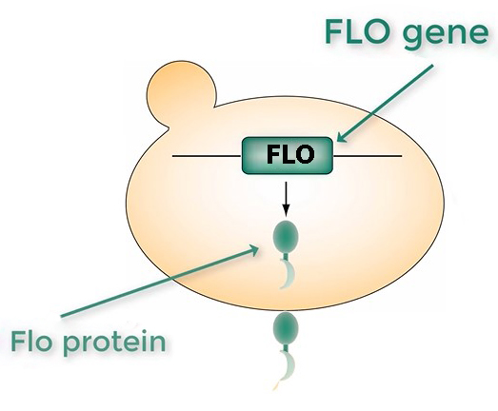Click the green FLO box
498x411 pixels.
(x=288, y=155)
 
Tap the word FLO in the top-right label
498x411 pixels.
(x=358, y=32)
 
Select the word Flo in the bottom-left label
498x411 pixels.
(x=31, y=341)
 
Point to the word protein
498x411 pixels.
(x=114, y=342)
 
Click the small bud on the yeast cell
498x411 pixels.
(x=180, y=92)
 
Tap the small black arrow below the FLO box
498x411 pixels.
(x=287, y=198)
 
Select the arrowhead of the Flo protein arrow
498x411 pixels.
(x=253, y=250)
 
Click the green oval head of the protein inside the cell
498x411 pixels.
(x=286, y=236)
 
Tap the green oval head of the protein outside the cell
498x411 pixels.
(x=286, y=327)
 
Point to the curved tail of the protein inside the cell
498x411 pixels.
(x=289, y=274)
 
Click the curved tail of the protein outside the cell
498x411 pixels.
(x=289, y=365)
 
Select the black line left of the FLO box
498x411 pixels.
(x=207, y=156)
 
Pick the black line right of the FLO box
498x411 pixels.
(x=368, y=156)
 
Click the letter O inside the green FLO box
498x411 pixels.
(x=303, y=154)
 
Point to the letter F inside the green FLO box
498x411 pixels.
(x=273, y=154)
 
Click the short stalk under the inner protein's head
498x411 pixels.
(x=286, y=255)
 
